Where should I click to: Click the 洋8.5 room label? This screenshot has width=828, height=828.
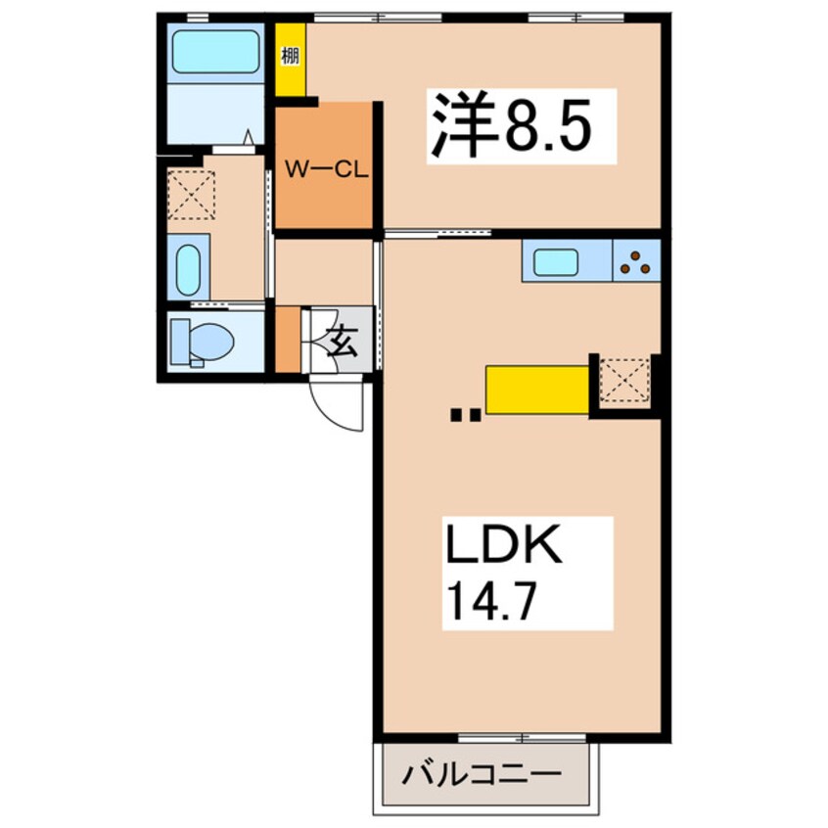(522, 125)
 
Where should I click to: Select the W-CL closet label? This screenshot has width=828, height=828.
(325, 169)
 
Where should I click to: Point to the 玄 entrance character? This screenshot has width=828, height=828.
(341, 341)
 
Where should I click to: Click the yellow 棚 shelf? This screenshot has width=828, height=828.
(291, 59)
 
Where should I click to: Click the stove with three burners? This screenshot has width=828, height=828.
(637, 262)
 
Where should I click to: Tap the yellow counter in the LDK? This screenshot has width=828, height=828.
(538, 389)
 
